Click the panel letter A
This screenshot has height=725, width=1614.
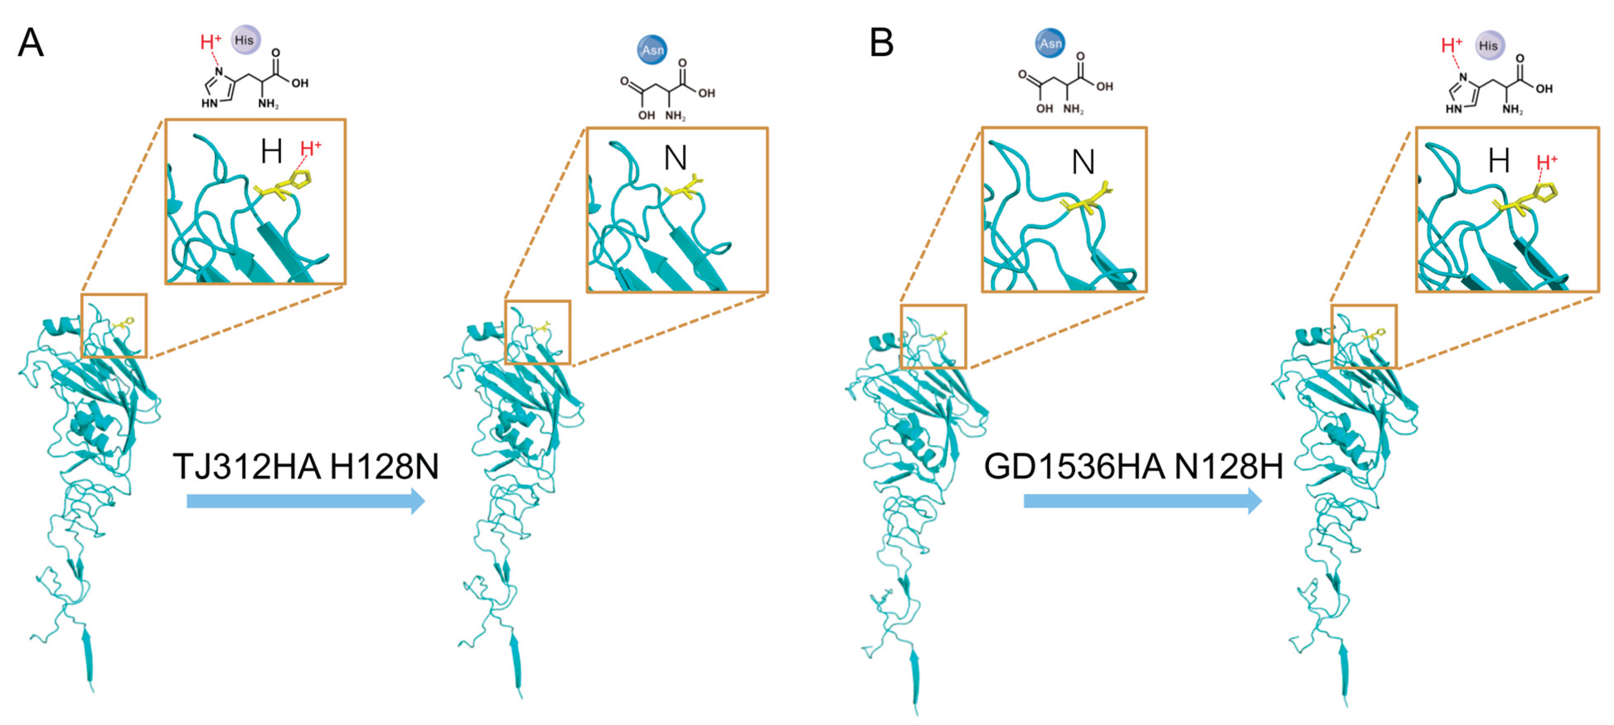[31, 43]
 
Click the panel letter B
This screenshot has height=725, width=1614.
[881, 43]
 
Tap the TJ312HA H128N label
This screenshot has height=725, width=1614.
[306, 467]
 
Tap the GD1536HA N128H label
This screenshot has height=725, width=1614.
[1133, 467]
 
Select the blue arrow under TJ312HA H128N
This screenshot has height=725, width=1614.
[306, 501]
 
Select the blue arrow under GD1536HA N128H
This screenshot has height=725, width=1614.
[1142, 501]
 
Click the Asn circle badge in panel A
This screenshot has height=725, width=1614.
[652, 49]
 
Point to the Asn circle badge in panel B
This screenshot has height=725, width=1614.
[1050, 43]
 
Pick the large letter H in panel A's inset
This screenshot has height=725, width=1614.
[271, 152]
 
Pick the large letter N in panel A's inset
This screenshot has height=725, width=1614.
[675, 158]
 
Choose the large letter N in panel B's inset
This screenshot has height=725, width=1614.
[1083, 162]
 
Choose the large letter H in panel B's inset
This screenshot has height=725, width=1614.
[1499, 161]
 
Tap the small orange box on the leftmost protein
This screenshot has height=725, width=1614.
[114, 325]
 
